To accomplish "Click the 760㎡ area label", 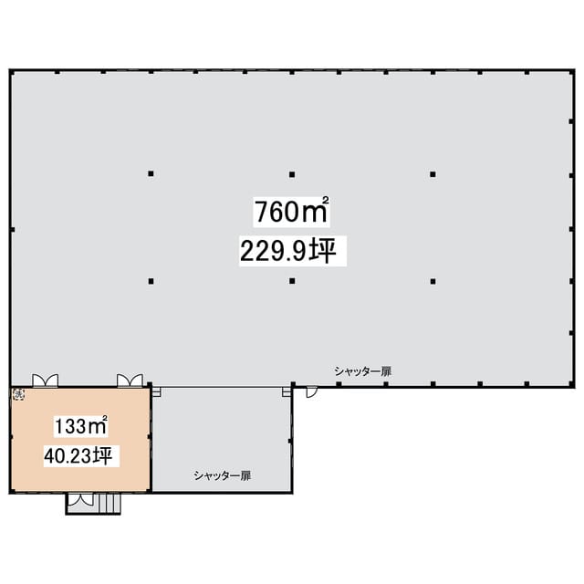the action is tap(292, 211).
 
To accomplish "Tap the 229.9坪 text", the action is tap(288, 251).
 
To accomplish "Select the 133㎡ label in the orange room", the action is tap(81, 426).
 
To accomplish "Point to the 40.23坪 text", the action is tap(78, 455).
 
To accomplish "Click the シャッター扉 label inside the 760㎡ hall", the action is tap(363, 371).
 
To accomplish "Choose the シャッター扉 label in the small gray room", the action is tap(223, 475).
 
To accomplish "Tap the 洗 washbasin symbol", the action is tap(19, 395).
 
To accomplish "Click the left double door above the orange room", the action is tap(45, 381).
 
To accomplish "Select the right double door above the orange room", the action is tap(130, 381).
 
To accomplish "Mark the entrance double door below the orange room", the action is tap(81, 499).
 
